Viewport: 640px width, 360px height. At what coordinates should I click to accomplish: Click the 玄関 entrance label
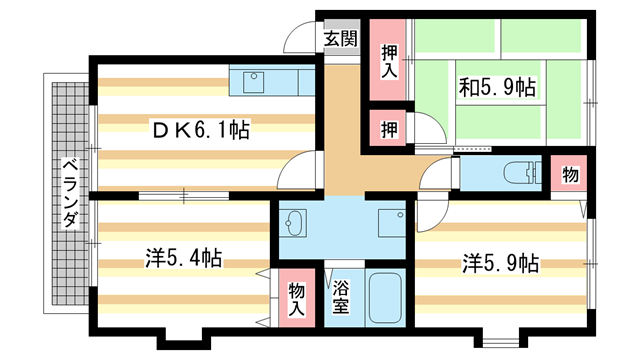(340, 39)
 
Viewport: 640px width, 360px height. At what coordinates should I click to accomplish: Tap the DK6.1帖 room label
(201, 129)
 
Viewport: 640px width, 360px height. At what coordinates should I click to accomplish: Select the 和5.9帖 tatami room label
(497, 87)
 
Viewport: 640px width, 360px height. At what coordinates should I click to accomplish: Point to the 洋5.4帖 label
(182, 259)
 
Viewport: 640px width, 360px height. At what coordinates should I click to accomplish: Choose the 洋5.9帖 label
(500, 263)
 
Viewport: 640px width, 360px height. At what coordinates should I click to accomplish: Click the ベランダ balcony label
(67, 193)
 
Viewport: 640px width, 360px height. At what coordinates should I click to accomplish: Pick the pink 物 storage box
(569, 175)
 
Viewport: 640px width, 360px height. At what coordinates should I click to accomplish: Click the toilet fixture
(521, 172)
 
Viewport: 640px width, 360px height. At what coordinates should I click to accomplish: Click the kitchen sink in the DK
(251, 78)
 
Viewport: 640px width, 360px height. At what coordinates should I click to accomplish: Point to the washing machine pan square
(391, 221)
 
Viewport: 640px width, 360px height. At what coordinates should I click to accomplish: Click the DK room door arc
(296, 170)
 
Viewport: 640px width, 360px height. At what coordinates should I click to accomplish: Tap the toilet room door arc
(437, 178)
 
